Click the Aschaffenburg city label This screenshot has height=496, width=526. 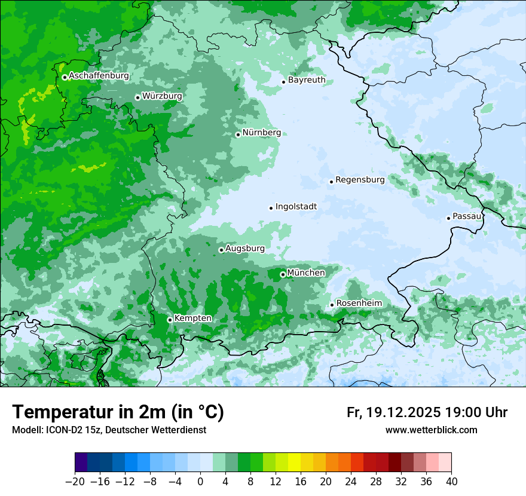click(99, 76)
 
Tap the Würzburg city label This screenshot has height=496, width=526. click(162, 96)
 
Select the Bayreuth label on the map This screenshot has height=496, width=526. click(307, 80)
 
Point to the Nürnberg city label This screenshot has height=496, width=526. click(261, 133)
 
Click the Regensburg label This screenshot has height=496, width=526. click(360, 180)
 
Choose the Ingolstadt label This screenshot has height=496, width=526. click(296, 207)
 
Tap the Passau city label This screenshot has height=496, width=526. click(467, 216)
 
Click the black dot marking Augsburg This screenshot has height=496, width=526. click(221, 250)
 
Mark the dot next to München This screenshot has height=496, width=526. click(283, 274)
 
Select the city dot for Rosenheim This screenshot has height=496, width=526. click(332, 305)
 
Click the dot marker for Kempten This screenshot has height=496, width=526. click(170, 320)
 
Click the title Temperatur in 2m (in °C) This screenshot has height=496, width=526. click(118, 412)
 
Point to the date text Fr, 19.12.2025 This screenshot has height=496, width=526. click(393, 412)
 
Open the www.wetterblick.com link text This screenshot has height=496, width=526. click(431, 430)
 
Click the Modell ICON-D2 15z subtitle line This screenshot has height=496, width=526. click(109, 430)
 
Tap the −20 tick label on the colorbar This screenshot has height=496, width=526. click(75, 481)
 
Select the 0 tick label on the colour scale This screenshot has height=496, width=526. click(200, 481)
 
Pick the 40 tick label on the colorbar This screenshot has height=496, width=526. click(451, 481)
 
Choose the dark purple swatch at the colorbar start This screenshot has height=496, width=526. click(81, 463)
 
